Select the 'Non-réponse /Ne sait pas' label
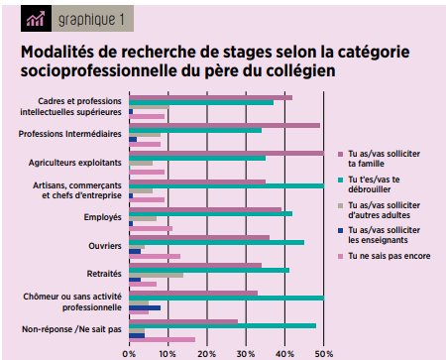72,328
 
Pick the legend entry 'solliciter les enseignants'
388,234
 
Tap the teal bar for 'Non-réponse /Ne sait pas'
222,325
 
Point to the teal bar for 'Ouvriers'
216,242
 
